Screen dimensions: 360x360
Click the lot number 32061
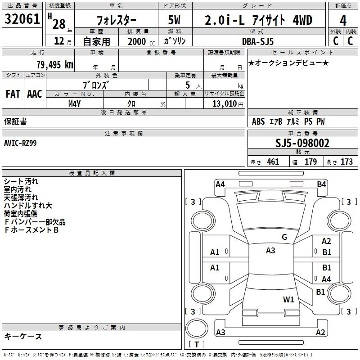(22, 19)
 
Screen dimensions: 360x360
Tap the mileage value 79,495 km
(55, 65)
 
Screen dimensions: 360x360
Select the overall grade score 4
(343, 21)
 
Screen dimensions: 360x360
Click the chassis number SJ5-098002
(302, 143)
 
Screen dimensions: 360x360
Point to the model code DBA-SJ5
(258, 41)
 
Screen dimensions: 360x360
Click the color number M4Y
(74, 104)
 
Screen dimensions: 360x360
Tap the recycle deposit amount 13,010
(224, 104)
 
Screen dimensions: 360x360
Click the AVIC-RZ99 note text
(20, 143)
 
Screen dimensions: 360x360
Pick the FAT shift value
(13, 94)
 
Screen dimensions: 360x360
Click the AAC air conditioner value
(35, 94)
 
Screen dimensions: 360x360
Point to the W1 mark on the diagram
(288, 299)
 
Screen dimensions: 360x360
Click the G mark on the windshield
(284, 237)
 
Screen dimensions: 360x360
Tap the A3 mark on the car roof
(270, 251)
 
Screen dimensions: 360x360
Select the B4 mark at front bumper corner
(321, 184)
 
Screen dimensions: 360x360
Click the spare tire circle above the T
(197, 328)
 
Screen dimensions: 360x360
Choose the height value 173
(346, 162)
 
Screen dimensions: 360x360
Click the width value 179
(310, 162)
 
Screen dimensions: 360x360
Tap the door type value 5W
(174, 20)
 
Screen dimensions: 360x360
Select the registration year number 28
(59, 24)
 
